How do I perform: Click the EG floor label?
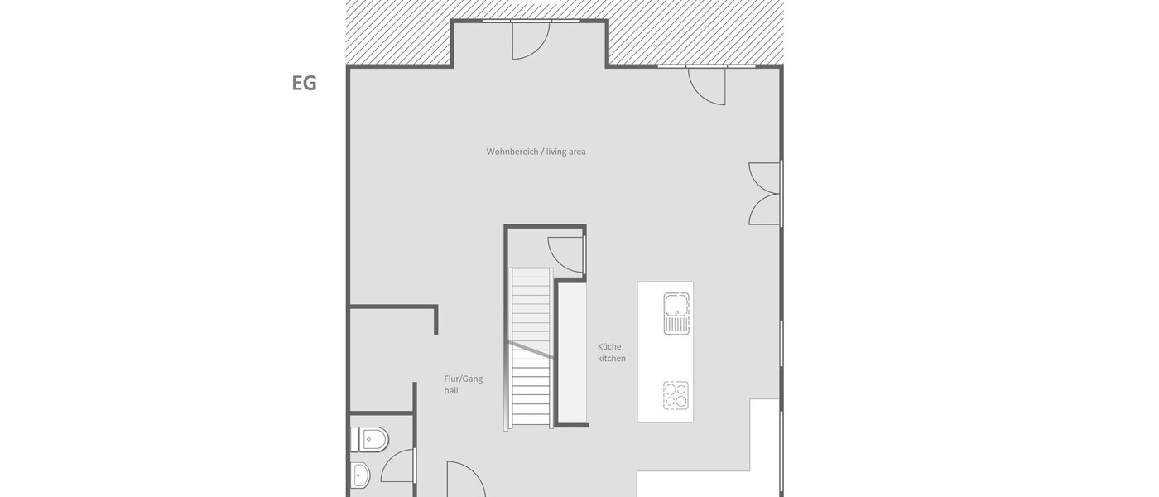click(x=304, y=83)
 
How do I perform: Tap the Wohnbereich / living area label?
click(x=536, y=152)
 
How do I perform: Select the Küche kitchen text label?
click(x=612, y=353)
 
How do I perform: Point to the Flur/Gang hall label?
click(x=463, y=384)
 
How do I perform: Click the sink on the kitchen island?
click(x=676, y=313)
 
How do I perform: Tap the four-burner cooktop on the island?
click(x=676, y=394)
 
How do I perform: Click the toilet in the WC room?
click(x=370, y=438)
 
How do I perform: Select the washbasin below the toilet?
click(x=361, y=475)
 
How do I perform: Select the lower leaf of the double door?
click(x=765, y=210)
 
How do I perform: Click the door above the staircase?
click(x=566, y=253)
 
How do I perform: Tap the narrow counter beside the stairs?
click(x=571, y=352)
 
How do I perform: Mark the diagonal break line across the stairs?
click(x=530, y=349)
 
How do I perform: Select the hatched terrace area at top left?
click(x=397, y=33)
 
